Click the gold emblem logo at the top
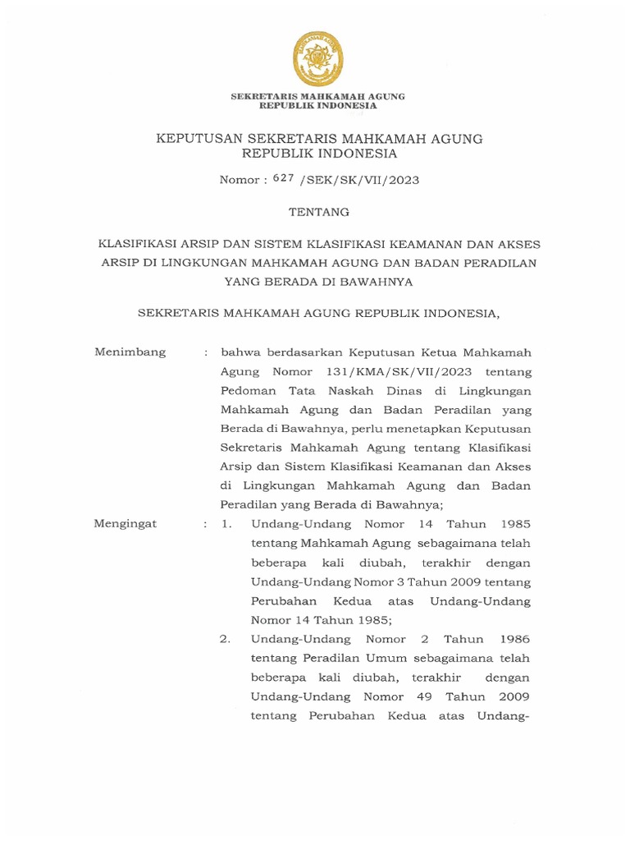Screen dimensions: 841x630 pos(318,57)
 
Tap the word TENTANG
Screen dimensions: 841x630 pos(319,212)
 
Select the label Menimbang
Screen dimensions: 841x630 pos(130,352)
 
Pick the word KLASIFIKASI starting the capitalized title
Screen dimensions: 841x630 pos(135,244)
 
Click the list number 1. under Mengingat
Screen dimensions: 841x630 pos(227,524)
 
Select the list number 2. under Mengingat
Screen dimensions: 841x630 pos(226,639)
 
